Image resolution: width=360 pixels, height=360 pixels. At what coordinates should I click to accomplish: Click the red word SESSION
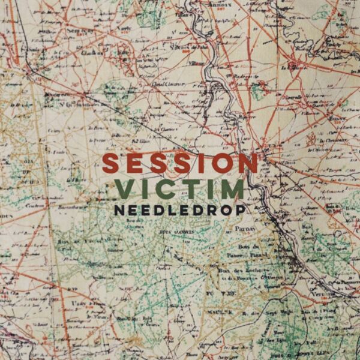pyautogui.click(x=180, y=163)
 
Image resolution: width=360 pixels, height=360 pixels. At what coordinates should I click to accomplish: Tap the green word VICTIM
pyautogui.click(x=180, y=189)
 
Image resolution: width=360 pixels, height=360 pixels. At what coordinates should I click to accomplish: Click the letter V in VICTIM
pyautogui.click(x=127, y=189)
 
